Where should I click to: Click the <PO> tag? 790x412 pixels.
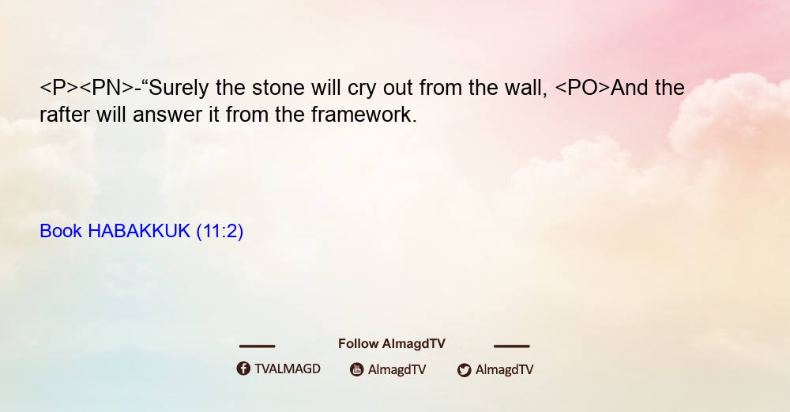click(x=582, y=88)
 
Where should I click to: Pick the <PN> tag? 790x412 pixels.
click(x=107, y=88)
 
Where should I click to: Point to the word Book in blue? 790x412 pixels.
click(x=61, y=231)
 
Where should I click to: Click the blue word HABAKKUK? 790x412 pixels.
click(x=138, y=231)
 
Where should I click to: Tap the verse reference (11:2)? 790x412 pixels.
click(x=220, y=231)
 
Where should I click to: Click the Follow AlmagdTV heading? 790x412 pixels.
click(x=392, y=344)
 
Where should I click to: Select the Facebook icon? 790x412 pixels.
click(x=243, y=369)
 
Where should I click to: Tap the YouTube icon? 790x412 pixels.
click(x=357, y=369)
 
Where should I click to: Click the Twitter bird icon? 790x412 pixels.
click(x=465, y=370)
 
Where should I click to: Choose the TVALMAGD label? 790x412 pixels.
click(x=288, y=369)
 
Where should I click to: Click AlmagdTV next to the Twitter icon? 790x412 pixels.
click(x=504, y=369)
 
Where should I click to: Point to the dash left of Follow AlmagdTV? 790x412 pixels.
click(x=257, y=346)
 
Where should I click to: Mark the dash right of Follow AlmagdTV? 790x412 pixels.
click(x=512, y=346)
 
